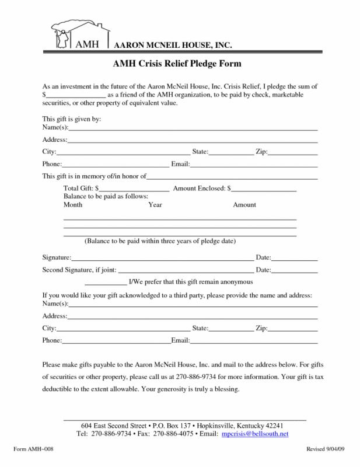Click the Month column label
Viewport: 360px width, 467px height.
click(x=73, y=205)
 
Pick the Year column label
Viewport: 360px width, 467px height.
click(x=155, y=205)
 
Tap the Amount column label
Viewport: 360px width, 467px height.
click(x=244, y=205)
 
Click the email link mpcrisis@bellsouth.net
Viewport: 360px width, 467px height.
click(x=255, y=435)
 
